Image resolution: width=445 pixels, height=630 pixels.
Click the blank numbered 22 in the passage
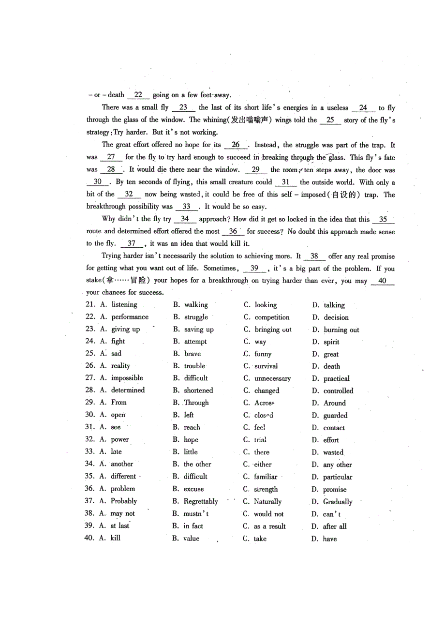(x=138, y=95)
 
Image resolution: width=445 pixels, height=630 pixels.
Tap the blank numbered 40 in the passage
(x=382, y=281)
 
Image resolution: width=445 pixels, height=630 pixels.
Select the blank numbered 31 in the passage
(x=286, y=182)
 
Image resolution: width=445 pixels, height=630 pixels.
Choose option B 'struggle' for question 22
(x=196, y=317)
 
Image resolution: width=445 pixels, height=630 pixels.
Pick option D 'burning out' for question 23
(x=341, y=330)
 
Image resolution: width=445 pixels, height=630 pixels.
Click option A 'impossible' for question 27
(x=127, y=378)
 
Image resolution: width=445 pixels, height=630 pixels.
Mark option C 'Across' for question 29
(x=265, y=403)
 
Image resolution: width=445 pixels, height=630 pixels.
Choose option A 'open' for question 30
(x=119, y=415)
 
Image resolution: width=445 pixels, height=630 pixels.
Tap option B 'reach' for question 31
(x=192, y=428)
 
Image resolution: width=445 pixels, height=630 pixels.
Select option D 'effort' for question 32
(x=331, y=440)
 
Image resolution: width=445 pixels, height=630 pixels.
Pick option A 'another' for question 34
(x=122, y=464)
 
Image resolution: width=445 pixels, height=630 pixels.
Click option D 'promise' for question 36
(x=335, y=490)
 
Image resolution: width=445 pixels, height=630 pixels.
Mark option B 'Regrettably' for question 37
(x=201, y=502)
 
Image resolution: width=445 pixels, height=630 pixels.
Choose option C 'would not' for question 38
(x=269, y=514)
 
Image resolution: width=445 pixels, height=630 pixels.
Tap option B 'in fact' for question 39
(x=193, y=526)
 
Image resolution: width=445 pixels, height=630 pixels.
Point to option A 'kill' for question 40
(x=115, y=538)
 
